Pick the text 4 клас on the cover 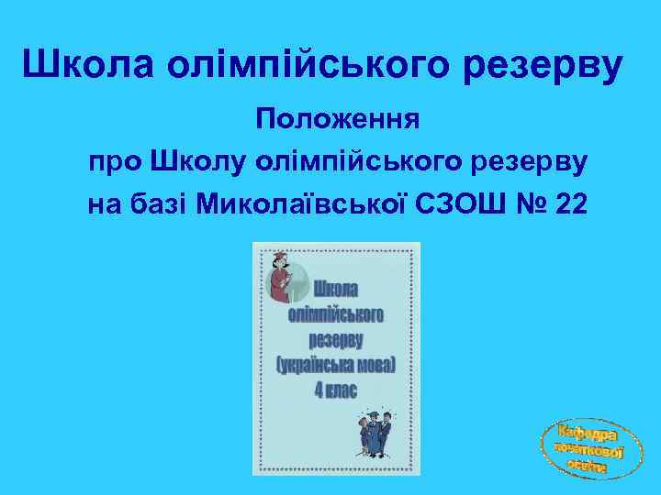(335, 389)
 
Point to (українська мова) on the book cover (335, 365)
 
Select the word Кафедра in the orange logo (588, 431)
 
